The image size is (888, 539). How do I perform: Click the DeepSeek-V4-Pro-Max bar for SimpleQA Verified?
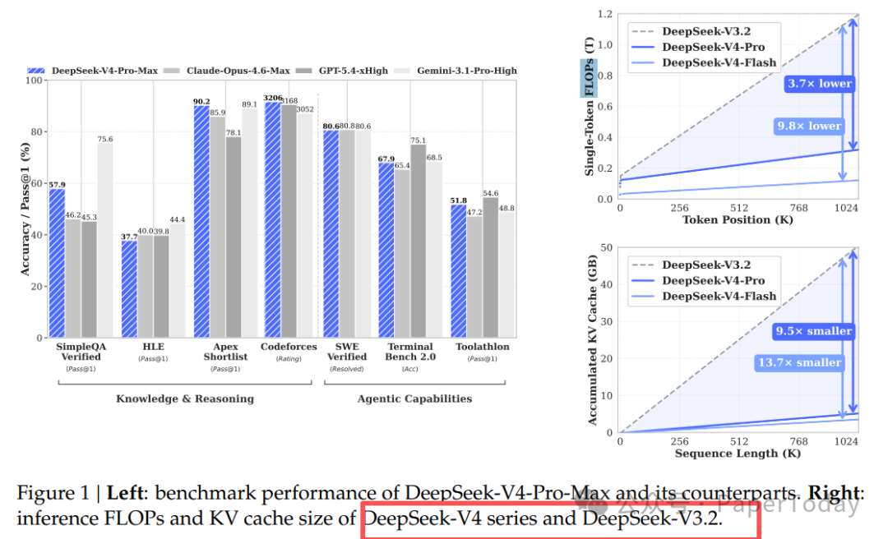tap(57, 263)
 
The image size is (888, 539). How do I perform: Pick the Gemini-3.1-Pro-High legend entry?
tap(464, 71)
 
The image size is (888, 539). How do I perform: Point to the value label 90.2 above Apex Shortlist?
tap(201, 102)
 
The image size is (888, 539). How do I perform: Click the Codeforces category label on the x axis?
tap(289, 347)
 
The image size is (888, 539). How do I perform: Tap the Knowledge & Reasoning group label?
tap(185, 398)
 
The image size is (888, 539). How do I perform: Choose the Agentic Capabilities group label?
tap(414, 398)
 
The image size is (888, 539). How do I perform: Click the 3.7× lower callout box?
tap(818, 84)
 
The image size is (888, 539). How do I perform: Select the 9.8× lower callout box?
tap(808, 126)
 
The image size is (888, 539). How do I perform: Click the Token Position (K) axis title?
tap(738, 219)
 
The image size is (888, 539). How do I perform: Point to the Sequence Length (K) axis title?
tap(738, 453)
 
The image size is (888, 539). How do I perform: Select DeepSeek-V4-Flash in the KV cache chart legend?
tap(719, 296)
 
